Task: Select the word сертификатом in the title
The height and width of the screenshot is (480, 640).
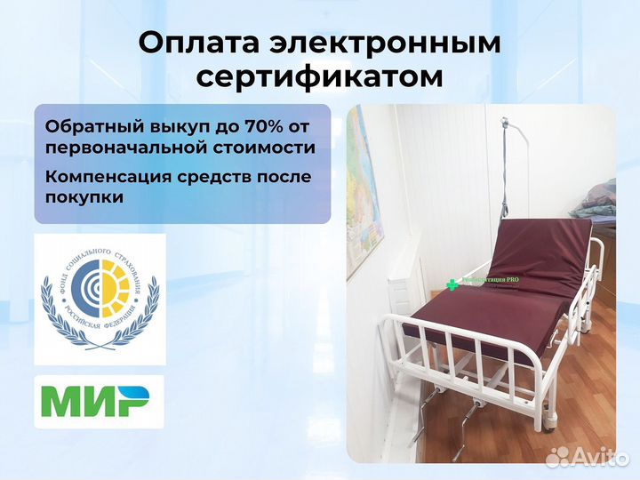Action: pos(319,76)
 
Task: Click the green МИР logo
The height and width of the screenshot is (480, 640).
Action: pos(98,403)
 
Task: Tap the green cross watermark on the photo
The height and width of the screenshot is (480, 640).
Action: pos(452,284)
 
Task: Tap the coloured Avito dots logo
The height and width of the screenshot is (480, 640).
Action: pos(557,457)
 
